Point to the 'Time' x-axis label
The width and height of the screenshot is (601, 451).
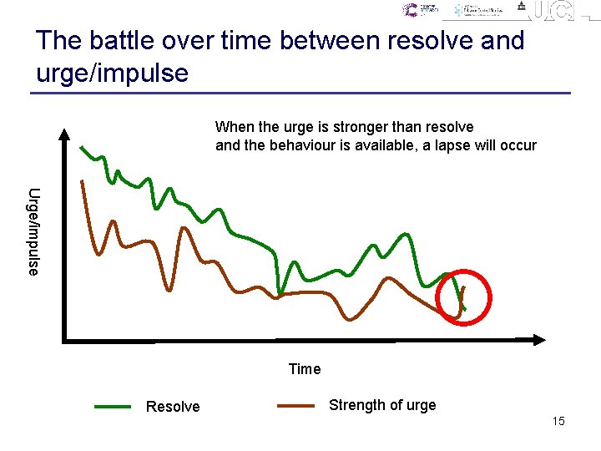pyautogui.click(x=304, y=369)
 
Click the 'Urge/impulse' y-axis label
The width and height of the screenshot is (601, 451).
pyautogui.click(x=33, y=231)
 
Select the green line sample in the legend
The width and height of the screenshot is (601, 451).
pyautogui.click(x=113, y=407)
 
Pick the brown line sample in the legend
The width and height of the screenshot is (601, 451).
pyautogui.click(x=295, y=406)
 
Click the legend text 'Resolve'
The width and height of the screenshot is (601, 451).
pyautogui.click(x=173, y=407)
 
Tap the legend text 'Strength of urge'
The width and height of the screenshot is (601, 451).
pyautogui.click(x=382, y=405)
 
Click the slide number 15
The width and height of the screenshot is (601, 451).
pyautogui.click(x=558, y=421)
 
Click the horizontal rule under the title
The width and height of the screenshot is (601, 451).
pyautogui.click(x=300, y=93)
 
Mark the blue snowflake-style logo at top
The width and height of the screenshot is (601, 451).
pyautogui.click(x=458, y=10)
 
